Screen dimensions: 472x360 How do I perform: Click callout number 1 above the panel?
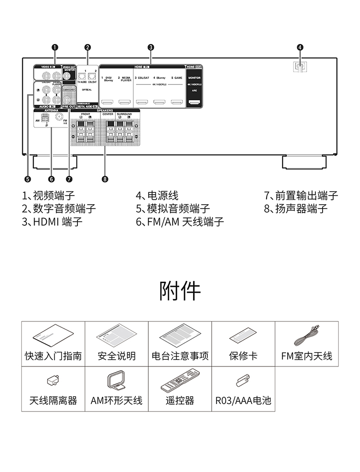[55, 47]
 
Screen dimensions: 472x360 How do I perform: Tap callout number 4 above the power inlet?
[300, 47]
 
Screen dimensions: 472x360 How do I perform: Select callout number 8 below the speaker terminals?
[105, 179]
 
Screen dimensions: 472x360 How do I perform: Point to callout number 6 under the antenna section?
[51, 179]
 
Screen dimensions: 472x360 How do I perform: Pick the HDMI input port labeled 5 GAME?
[176, 102]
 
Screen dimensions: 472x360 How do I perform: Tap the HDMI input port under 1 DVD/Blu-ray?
[108, 102]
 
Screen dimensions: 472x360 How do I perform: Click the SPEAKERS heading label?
[105, 110]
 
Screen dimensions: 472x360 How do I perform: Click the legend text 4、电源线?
[157, 196]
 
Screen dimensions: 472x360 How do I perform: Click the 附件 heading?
[180, 290]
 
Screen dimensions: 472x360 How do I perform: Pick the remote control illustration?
[180, 383]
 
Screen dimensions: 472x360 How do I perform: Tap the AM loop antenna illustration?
[116, 382]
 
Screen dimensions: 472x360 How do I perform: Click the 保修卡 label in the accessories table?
[243, 356]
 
